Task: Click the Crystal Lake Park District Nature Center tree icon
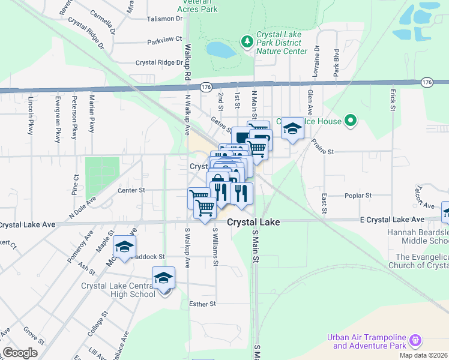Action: pos(246,41)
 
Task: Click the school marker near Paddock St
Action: pos(124,247)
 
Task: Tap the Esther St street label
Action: pos(203,304)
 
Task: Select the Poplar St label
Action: pos(358,196)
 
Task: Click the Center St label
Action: pos(131,190)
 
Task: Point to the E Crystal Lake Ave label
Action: pos(393,220)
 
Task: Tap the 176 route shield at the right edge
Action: pos(427,82)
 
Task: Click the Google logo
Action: pos(20,353)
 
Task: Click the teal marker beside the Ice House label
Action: pos(351,122)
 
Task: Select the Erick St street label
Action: pos(393,101)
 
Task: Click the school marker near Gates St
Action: pos(292,128)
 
